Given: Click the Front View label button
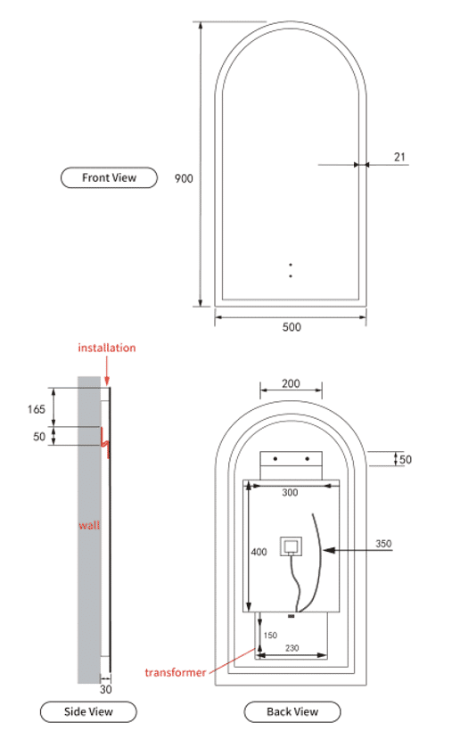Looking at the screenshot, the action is point(109,177).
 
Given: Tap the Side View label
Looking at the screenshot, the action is point(88,711).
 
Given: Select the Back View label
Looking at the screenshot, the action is point(292,711).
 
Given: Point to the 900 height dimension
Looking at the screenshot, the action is point(184,178).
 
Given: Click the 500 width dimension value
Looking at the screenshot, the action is point(292,327).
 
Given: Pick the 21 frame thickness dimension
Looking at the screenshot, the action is point(399,157).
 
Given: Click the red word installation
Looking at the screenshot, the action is point(107,348).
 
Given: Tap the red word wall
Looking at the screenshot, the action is point(89,525).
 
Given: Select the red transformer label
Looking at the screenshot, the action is point(176,672).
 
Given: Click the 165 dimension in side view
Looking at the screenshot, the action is point(37,409).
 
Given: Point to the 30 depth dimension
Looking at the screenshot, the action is point(106,689).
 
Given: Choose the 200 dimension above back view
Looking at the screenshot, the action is point(291,383).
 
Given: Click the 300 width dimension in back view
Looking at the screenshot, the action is point(290,492).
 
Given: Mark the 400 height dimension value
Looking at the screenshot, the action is point(259,552).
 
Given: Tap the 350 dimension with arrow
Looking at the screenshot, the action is point(383,544).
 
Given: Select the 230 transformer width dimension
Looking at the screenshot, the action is point(292,648).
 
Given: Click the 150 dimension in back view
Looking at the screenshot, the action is point(270,636).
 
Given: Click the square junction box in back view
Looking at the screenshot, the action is point(291,546).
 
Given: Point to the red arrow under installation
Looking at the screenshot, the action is point(107,371).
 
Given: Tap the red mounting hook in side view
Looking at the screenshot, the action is point(105,442).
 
